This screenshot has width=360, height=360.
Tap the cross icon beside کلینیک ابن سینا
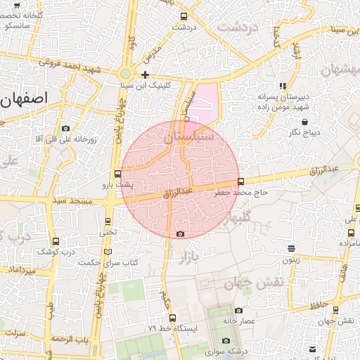pos(145,75)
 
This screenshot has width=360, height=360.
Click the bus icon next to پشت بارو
pos(117,174)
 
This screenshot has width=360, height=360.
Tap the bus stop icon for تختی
pos(107,221)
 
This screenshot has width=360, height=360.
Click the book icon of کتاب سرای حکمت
pos(108,252)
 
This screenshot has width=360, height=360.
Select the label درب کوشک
pos(56,251)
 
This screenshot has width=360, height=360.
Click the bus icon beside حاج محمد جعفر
pos(242,181)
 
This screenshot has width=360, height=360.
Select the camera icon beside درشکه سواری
pos(206,341)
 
